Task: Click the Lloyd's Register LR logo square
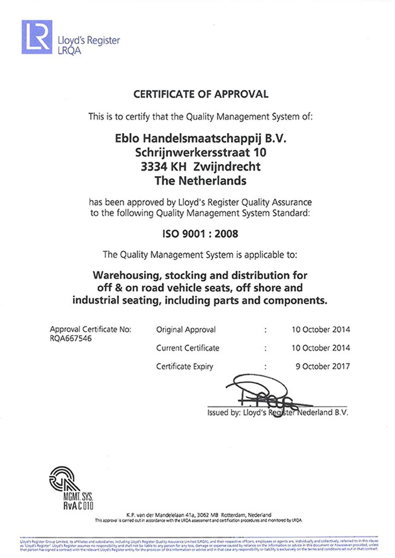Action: click(x=36, y=37)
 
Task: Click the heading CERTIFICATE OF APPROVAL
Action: click(x=201, y=94)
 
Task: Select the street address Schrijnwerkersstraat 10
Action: click(x=200, y=152)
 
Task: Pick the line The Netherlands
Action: click(x=200, y=181)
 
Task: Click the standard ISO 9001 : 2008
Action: click(x=200, y=234)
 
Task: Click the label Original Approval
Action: click(x=186, y=329)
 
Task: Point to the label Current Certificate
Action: click(x=188, y=348)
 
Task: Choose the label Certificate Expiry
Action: click(x=185, y=366)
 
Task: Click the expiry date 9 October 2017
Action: click(x=323, y=366)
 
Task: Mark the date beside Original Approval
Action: click(x=321, y=329)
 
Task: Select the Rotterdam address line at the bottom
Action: click(x=198, y=514)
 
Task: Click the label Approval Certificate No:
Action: click(x=90, y=329)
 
